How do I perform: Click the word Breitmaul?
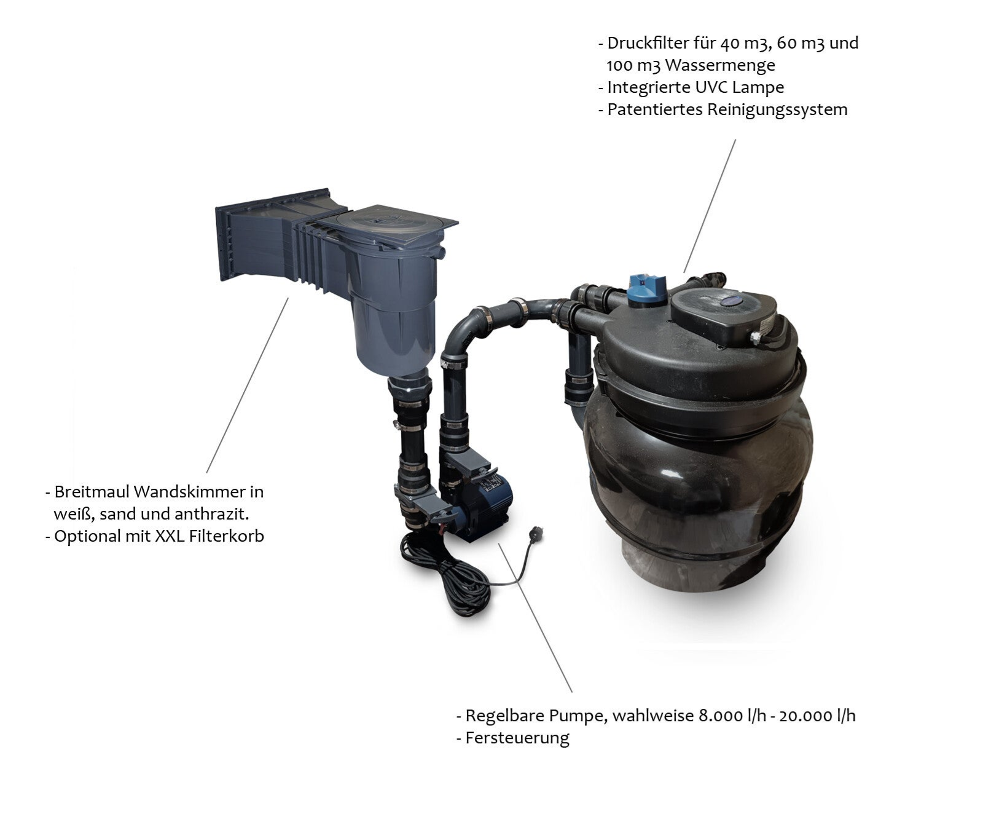92,492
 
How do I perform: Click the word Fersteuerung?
517,738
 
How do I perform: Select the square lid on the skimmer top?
396,222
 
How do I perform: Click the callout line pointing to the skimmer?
248,385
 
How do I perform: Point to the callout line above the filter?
710,205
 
